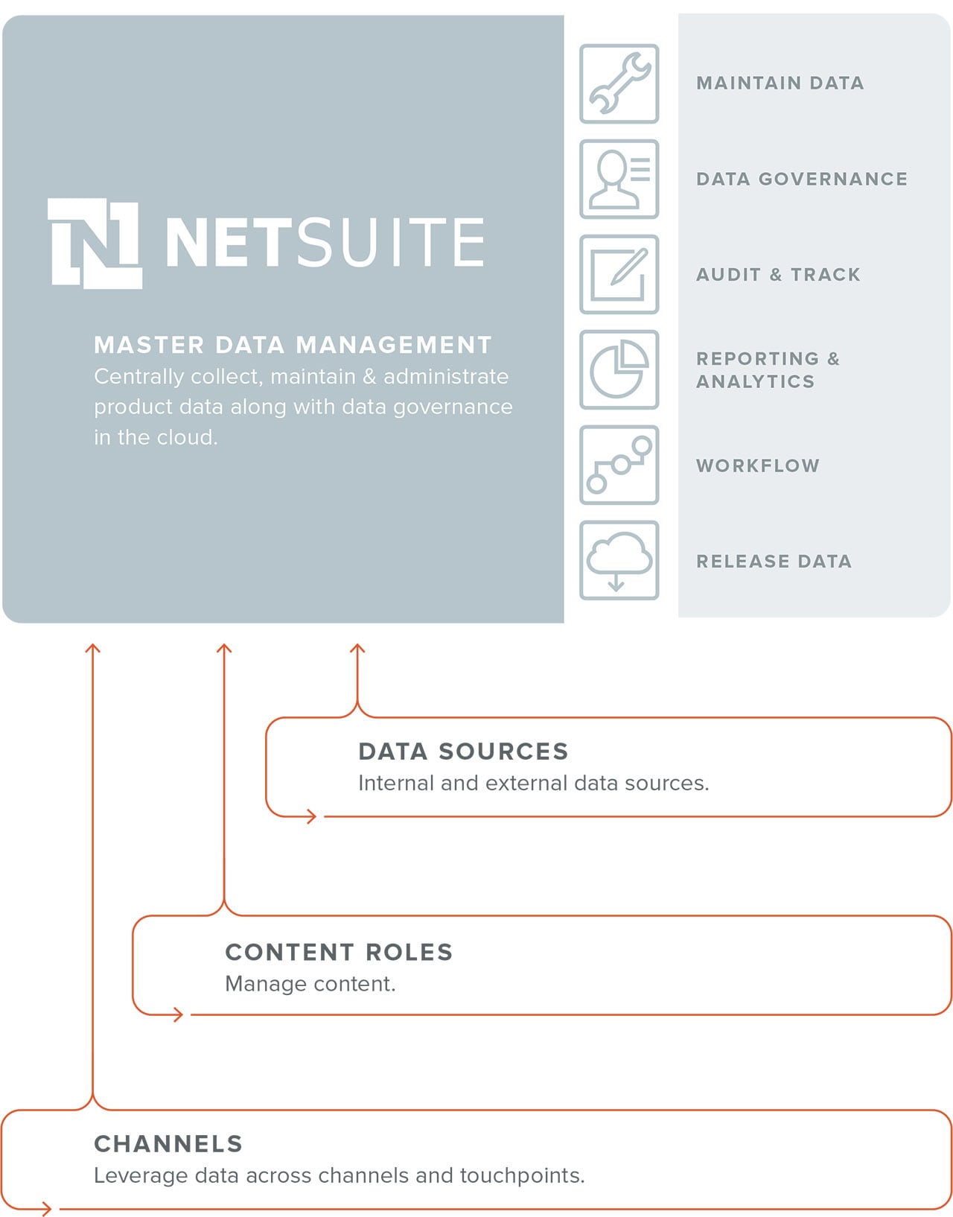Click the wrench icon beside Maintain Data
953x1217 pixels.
pyautogui.click(x=619, y=83)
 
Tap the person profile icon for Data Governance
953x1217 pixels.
pyautogui.click(x=619, y=179)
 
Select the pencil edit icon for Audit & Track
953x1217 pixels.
pyautogui.click(x=619, y=274)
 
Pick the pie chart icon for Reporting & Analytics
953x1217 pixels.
pyautogui.click(x=619, y=369)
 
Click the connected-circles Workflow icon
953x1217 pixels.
pyautogui.click(x=619, y=465)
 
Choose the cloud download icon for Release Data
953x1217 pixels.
pyautogui.click(x=619, y=560)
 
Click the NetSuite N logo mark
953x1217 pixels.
pyautogui.click(x=95, y=243)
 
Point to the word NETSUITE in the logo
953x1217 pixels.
pyautogui.click(x=325, y=242)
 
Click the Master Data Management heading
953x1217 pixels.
pyautogui.click(x=293, y=345)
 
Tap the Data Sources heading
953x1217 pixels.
pyautogui.click(x=463, y=752)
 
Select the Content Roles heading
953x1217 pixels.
pyautogui.click(x=339, y=952)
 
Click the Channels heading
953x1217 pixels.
pyautogui.click(x=168, y=1143)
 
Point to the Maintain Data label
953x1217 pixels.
pyautogui.click(x=780, y=83)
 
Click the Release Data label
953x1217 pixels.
pyautogui.click(x=774, y=561)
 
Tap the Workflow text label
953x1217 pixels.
pyautogui.click(x=758, y=465)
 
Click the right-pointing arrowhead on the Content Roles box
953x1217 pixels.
pyautogui.click(x=179, y=1014)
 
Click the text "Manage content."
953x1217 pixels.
pyautogui.click(x=310, y=984)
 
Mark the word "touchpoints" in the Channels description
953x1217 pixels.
pyautogui.click(x=522, y=1175)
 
